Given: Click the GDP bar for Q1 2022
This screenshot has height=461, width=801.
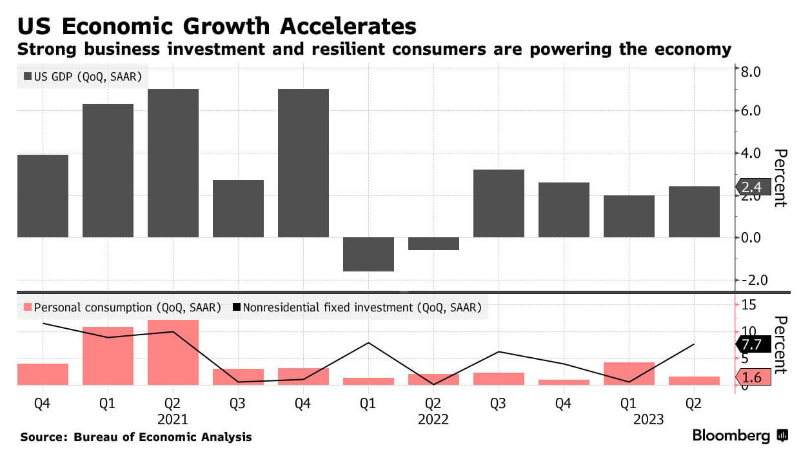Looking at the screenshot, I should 368,254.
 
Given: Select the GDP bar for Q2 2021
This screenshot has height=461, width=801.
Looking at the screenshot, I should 173,163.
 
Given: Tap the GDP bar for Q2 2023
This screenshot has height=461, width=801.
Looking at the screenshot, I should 694,211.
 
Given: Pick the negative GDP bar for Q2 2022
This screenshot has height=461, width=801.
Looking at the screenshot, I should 433,244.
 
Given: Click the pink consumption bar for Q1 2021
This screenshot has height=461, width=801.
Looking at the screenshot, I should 108,356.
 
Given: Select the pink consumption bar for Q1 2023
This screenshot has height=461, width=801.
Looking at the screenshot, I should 629,373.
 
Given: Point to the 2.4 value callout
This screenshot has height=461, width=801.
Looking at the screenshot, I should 753,187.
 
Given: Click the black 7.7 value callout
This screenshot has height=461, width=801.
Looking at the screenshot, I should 753,344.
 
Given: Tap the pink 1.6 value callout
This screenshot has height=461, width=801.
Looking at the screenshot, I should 753,377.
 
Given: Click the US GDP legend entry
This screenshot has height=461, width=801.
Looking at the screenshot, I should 83,77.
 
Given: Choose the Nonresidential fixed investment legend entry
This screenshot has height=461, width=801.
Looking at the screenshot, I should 356,308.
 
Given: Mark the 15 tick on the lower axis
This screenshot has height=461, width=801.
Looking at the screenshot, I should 748,304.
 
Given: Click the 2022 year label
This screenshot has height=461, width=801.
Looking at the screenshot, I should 433,419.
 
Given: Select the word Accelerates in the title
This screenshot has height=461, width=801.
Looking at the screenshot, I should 328,26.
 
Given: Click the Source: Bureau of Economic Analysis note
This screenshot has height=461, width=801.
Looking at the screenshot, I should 136,437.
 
